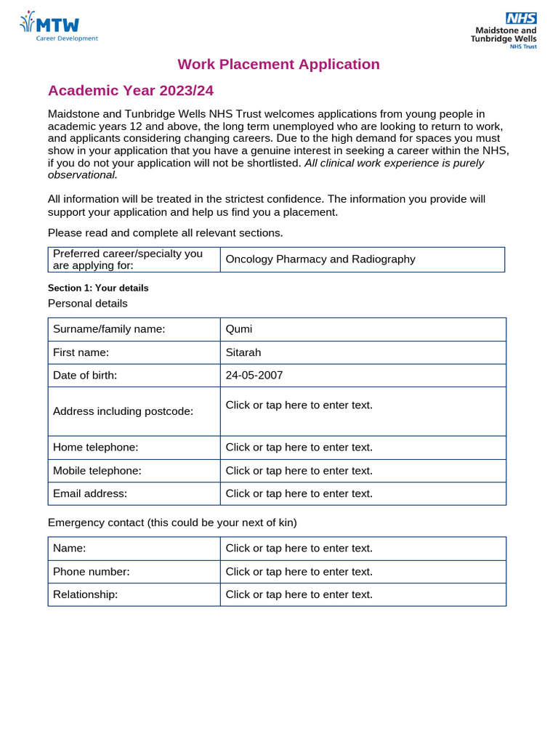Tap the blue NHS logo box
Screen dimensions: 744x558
tap(522, 19)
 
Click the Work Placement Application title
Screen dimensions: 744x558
tap(278, 64)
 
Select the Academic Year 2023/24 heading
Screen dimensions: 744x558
tap(131, 91)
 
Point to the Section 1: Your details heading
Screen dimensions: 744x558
tap(98, 288)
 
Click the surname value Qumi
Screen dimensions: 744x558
tap(239, 329)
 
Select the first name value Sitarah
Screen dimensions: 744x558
tap(243, 352)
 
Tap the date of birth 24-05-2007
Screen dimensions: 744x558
tap(254, 376)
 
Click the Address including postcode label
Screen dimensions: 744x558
tap(123, 411)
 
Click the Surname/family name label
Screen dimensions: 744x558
tap(109, 329)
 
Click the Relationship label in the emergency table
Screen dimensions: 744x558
tap(85, 594)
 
